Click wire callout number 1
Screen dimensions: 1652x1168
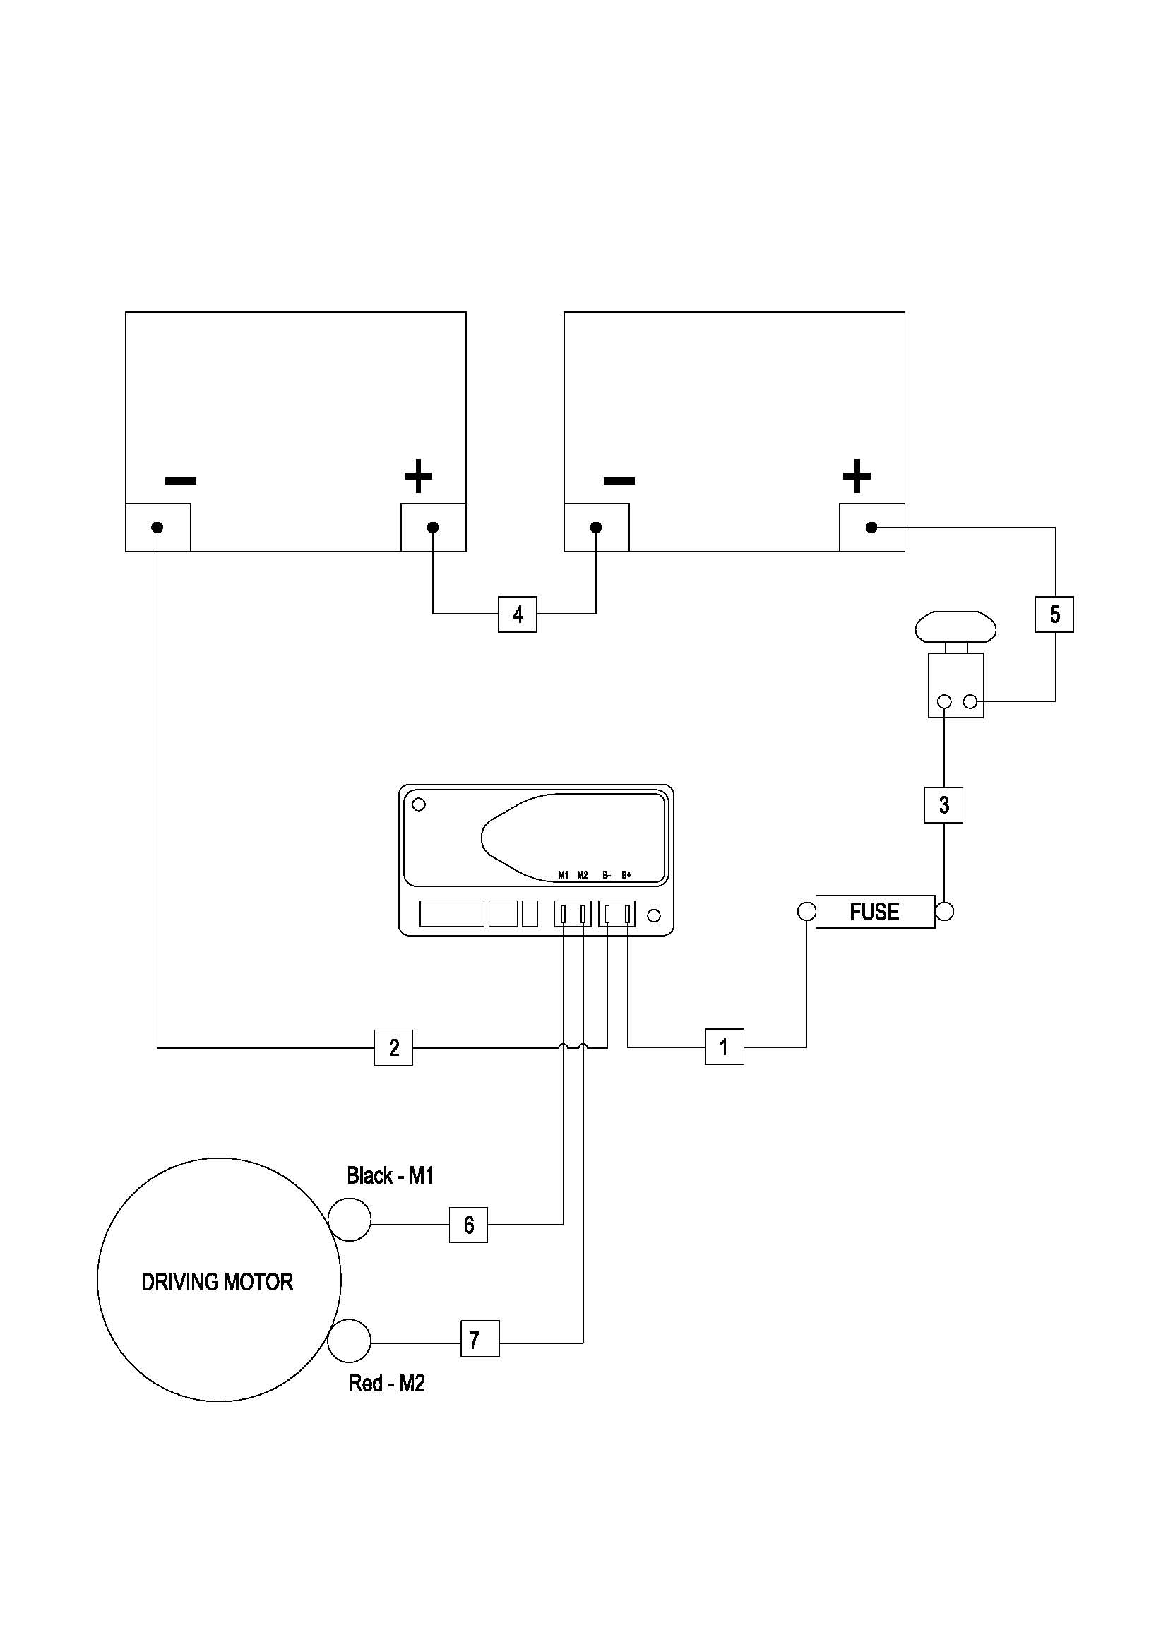724,1047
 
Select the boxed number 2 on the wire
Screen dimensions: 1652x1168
393,1047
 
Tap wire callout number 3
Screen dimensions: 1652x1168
943,804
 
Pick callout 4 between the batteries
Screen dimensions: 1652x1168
517,614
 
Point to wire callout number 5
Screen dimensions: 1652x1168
1054,614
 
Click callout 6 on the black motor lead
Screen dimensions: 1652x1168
468,1225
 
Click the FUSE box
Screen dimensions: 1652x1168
874,913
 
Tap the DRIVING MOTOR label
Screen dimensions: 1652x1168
217,1282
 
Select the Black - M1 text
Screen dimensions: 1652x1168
391,1176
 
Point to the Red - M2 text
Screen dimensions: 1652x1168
387,1383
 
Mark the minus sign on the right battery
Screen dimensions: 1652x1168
619,480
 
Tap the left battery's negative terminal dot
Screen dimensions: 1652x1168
157,528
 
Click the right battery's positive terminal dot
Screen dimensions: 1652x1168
871,528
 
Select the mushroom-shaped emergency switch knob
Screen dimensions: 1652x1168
955,628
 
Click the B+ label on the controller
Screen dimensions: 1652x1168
626,876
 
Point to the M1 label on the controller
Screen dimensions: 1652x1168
563,876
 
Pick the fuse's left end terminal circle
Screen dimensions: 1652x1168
806,913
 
